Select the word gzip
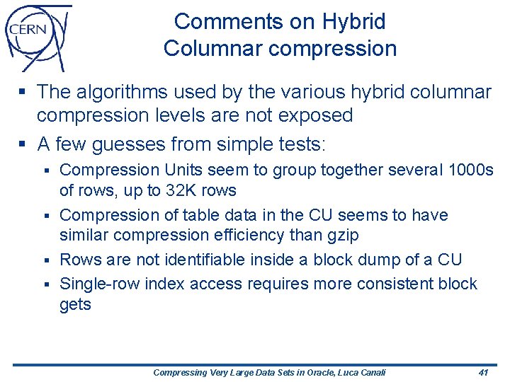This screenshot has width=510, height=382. (341, 234)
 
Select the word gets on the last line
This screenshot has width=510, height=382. (75, 305)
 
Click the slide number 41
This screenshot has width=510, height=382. (484, 372)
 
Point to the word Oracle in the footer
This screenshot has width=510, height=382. (312, 372)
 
